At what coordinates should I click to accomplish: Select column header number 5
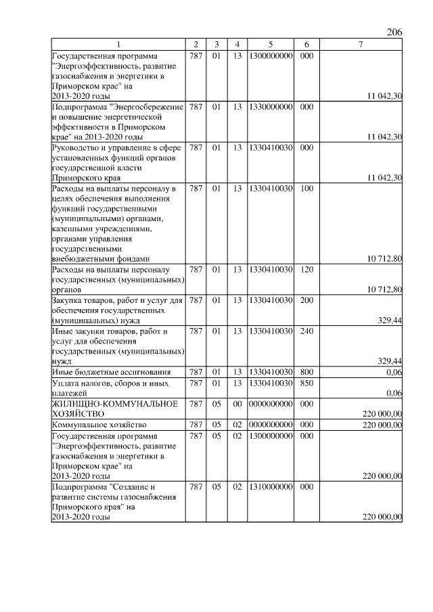tap(270, 45)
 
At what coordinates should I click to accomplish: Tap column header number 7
tap(361, 45)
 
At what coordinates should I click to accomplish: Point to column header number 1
tap(118, 45)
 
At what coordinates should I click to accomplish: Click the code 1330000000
tap(270, 107)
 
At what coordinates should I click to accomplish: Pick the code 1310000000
tap(270, 486)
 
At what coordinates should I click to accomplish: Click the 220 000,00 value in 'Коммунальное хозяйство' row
tap(382, 425)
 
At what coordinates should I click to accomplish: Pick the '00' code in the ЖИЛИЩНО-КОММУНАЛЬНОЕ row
tap(237, 404)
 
